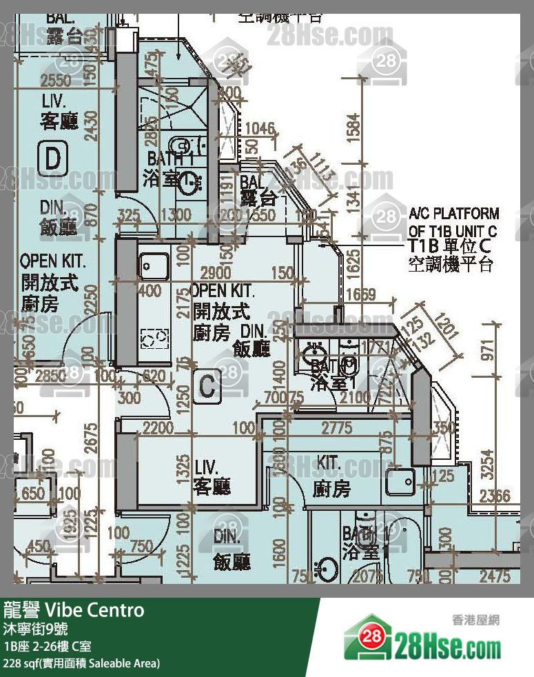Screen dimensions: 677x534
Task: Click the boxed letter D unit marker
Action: click(53, 159)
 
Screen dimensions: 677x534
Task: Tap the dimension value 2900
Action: click(215, 272)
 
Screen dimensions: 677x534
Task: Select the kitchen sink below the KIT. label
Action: click(400, 482)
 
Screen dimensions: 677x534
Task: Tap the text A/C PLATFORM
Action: click(453, 214)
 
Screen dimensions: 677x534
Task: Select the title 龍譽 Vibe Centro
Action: click(74, 610)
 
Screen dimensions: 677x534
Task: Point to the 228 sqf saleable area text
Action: click(82, 663)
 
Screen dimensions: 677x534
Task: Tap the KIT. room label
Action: click(329, 463)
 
